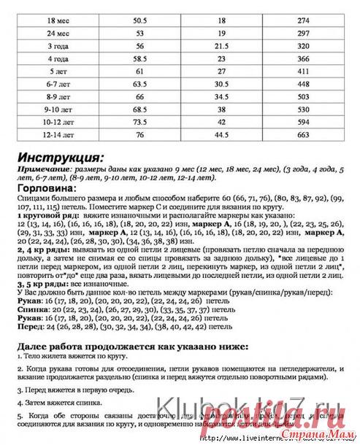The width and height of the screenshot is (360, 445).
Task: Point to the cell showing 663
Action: click(305, 134)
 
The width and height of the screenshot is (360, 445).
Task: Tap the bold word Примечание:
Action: click(45, 169)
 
